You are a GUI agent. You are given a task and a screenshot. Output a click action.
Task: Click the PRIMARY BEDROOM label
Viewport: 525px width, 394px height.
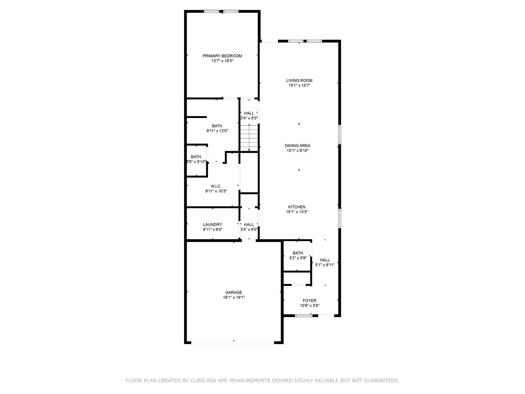pos(222,56)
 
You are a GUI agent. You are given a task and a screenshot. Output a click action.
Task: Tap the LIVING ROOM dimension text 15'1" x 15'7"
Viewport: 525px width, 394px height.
pos(299,85)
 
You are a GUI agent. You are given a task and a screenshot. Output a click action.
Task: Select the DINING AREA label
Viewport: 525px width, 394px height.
pos(297,145)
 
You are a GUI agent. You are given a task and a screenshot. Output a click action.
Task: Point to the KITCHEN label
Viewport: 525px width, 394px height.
pos(297,207)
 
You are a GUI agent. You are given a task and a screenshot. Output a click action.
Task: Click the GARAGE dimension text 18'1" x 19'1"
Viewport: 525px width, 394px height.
pos(234,297)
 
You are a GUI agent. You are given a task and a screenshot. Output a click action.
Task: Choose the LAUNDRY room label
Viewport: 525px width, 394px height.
pos(212,224)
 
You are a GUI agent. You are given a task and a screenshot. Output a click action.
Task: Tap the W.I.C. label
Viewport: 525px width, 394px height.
pos(216,186)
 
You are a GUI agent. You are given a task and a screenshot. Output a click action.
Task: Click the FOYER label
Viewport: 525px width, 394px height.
pos(309,300)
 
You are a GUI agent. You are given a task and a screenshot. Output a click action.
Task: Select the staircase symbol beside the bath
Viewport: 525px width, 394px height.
pos(249,138)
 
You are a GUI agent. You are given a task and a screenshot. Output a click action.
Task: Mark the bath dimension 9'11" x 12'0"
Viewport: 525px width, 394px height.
pos(217,131)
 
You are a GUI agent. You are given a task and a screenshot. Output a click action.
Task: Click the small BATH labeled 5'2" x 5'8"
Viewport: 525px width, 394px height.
pos(298,255)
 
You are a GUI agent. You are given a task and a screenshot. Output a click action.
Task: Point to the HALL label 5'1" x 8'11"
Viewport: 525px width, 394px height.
pos(325,262)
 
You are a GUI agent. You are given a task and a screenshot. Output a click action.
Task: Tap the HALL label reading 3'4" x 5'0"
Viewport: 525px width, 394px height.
pos(249,116)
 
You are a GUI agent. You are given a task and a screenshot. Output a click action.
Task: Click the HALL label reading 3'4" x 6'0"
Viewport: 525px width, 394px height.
pos(249,227)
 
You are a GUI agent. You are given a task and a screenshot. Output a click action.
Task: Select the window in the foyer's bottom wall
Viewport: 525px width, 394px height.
pos(304,316)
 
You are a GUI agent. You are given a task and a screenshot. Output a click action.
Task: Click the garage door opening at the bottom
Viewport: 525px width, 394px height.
pos(233,343)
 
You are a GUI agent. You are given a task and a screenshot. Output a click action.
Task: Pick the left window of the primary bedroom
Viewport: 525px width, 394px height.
pos(212,11)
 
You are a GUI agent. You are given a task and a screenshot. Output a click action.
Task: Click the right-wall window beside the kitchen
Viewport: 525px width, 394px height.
pos(340,219)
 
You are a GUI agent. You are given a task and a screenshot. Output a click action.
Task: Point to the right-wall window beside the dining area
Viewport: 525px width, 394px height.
pos(340,135)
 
